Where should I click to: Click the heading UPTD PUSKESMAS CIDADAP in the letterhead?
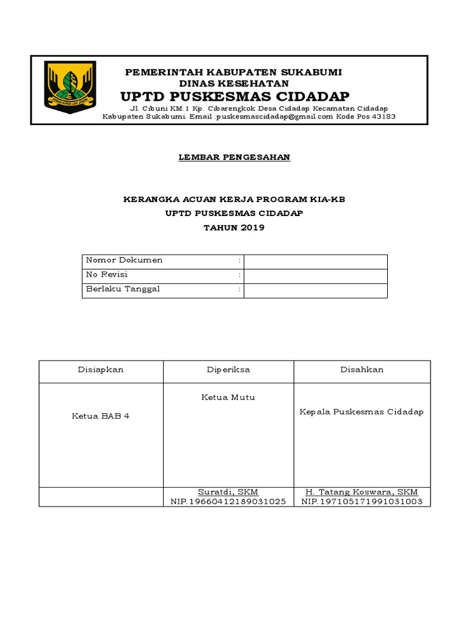[234, 97]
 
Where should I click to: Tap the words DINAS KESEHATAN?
[234, 84]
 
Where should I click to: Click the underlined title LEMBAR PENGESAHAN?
[234, 157]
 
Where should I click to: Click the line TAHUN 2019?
[234, 228]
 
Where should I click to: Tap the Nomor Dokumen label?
[125, 261]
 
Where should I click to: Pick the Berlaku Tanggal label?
[123, 289]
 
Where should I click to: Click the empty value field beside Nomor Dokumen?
[315, 261]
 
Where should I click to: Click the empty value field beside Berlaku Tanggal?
[315, 291]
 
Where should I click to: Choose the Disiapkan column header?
[101, 370]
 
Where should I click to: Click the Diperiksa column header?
[228, 370]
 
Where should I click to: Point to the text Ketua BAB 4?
[101, 416]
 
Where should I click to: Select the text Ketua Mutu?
[228, 397]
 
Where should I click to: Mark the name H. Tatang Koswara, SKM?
[362, 492]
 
